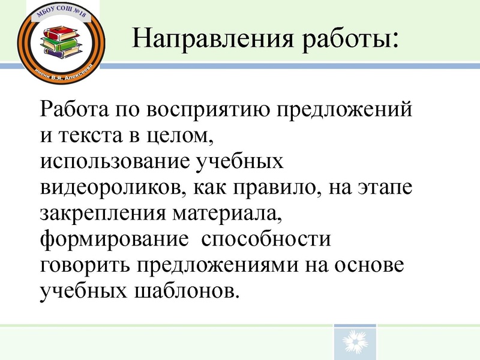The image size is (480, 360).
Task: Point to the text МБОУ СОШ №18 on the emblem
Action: (62, 13)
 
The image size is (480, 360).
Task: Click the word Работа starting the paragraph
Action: (73, 112)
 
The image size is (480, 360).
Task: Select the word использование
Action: (114, 162)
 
